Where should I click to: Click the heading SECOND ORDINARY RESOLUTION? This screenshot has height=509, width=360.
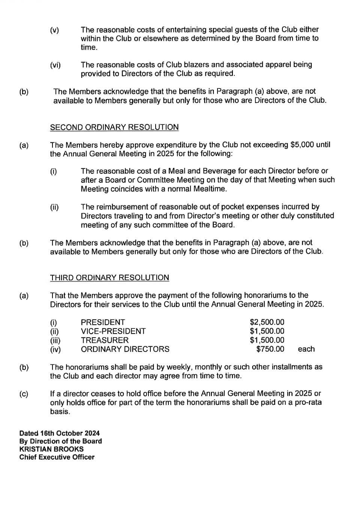pyautogui.click(x=114, y=127)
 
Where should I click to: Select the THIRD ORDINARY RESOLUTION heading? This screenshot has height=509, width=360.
pyautogui.click(x=109, y=278)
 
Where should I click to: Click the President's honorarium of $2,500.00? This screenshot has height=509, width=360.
pyautogui.click(x=267, y=322)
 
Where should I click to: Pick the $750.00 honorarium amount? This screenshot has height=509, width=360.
pyautogui.click(x=270, y=349)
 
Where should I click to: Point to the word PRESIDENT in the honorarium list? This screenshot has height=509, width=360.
pyautogui.click(x=103, y=322)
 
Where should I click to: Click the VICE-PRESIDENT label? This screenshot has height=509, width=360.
pyautogui.click(x=113, y=331)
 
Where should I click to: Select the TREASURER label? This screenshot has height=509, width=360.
pyautogui.click(x=105, y=340)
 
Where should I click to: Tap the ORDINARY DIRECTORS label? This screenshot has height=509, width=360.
pyautogui.click(x=125, y=349)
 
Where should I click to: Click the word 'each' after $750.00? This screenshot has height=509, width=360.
pyautogui.click(x=306, y=349)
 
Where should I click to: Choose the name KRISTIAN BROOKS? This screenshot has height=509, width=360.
pyautogui.click(x=51, y=449)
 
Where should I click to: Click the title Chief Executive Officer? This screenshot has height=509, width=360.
pyautogui.click(x=57, y=457)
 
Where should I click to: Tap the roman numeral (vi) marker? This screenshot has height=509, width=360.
pyautogui.click(x=55, y=65)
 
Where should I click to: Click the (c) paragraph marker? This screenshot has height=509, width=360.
pyautogui.click(x=24, y=394)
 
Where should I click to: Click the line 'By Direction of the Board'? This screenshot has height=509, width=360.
pyautogui.click(x=61, y=441)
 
